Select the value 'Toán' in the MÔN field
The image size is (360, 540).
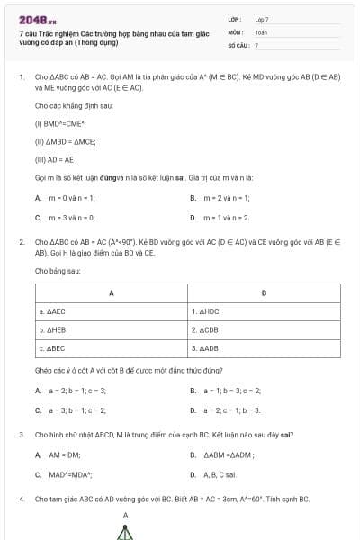pos(261,31)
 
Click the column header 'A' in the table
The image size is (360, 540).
pos(111,293)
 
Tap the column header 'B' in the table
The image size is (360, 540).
pos(264,293)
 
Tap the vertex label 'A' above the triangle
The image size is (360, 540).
pos(125,516)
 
